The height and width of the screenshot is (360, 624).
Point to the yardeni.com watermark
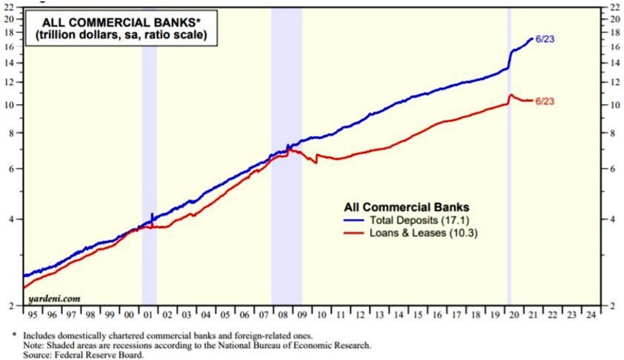point(55,298)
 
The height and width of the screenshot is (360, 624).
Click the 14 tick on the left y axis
point(9,63)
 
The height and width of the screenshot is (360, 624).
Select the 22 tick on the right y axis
point(613,8)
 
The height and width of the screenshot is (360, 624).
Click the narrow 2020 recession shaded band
point(509,180)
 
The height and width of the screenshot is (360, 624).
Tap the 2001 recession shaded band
point(149,180)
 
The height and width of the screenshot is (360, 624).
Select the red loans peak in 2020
point(511,95)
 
